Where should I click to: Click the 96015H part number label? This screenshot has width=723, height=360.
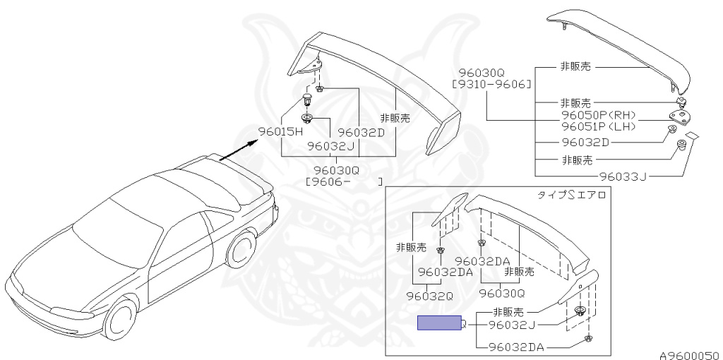280,131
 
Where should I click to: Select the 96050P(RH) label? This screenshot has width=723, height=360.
599,115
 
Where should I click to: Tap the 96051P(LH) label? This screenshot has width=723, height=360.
599,126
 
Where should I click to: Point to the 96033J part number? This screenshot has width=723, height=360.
623,176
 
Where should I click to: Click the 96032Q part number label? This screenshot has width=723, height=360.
430,296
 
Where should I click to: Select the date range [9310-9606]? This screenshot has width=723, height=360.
491,85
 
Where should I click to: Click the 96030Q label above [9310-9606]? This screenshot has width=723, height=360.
482,73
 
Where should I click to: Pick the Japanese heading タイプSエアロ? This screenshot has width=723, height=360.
572,195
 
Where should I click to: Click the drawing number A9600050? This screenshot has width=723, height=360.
689,355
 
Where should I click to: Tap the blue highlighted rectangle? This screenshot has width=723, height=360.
439,323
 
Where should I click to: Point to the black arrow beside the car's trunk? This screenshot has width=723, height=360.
238,150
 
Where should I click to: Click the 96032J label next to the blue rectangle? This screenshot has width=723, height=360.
512,325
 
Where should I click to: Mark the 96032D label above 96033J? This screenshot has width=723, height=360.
585,143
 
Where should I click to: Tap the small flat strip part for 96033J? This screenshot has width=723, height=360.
692,136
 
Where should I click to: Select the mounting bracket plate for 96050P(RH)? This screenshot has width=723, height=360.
679,118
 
